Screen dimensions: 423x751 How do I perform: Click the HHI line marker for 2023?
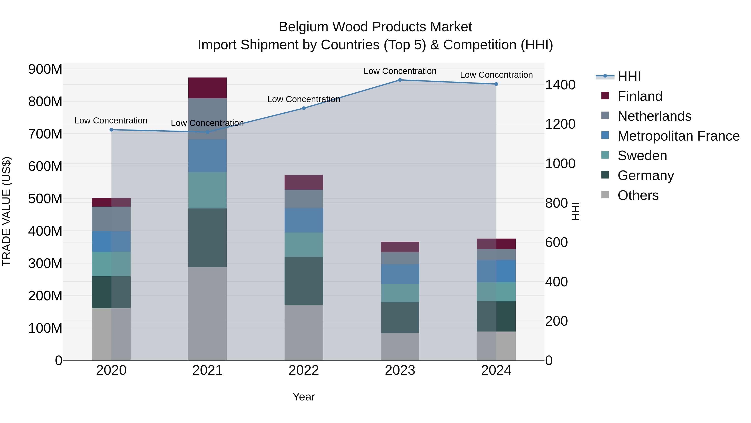tap(400, 80)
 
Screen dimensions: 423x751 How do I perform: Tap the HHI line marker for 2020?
tap(111, 130)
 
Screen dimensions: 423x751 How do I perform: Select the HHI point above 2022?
tap(304, 108)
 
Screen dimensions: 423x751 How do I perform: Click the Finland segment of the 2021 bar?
tap(207, 88)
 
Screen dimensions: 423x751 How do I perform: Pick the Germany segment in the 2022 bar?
tap(304, 281)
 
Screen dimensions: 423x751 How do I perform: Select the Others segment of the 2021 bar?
tap(207, 314)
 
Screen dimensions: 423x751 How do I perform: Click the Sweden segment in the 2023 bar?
tap(400, 293)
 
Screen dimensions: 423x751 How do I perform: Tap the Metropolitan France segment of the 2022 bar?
tap(304, 220)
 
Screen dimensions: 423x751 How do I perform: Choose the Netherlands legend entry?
tap(654, 116)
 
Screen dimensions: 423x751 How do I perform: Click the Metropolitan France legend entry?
tap(678, 136)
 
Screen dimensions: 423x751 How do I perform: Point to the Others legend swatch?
tap(605, 195)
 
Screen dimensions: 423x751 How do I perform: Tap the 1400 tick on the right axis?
tap(560, 85)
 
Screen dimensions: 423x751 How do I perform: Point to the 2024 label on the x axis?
tap(496, 370)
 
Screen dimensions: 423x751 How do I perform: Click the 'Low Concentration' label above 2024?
tap(496, 75)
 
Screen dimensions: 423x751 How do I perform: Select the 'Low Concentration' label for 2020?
tap(111, 121)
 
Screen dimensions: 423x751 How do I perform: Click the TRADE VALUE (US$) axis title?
tap(7, 211)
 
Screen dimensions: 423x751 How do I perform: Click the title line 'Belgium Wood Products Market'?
tap(375, 27)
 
